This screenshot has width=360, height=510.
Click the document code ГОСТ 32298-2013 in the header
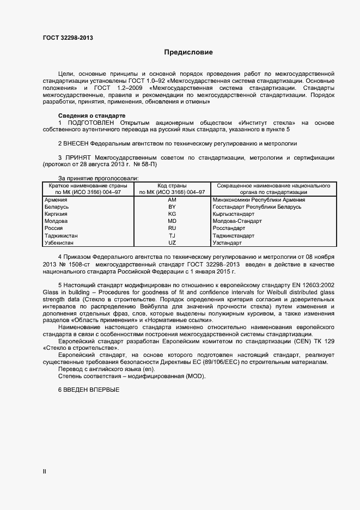(67, 37)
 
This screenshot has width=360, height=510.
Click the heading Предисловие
(188, 52)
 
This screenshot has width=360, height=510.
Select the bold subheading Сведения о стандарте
(91, 116)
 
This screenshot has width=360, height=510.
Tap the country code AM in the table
(172, 200)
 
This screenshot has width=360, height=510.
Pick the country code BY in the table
(172, 207)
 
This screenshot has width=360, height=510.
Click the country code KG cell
(172, 214)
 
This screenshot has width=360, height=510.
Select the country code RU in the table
(172, 228)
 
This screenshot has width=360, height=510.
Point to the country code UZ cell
(172, 242)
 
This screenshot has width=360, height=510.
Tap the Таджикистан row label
(60, 235)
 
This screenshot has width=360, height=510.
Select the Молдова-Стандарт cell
(237, 221)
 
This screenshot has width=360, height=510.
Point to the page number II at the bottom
(44, 472)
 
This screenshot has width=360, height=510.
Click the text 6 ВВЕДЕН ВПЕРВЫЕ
(88, 390)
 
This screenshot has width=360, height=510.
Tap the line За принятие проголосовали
(98, 178)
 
